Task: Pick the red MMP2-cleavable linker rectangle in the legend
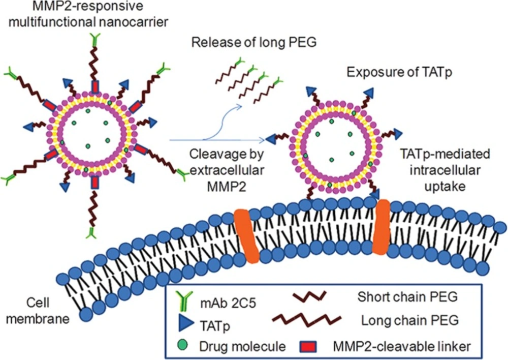point(307,346)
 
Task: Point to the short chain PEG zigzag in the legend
point(309,295)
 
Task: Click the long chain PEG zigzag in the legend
point(306,319)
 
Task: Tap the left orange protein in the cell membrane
point(247,235)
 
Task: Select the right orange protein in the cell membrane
point(380,226)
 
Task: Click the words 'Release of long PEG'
point(254,43)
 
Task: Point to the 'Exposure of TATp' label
point(399,72)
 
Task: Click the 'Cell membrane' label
point(38,311)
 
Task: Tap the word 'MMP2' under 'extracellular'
point(227,187)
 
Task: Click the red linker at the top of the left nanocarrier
point(96,87)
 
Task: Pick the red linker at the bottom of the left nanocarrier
point(96,182)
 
